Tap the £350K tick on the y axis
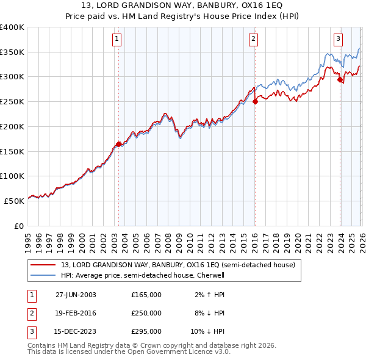click(x=12, y=52)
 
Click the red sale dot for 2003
click(x=119, y=144)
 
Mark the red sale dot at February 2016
click(x=255, y=102)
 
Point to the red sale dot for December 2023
click(x=340, y=79)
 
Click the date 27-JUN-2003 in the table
click(x=76, y=295)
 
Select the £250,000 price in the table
click(x=146, y=313)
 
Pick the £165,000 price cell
click(x=146, y=295)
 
